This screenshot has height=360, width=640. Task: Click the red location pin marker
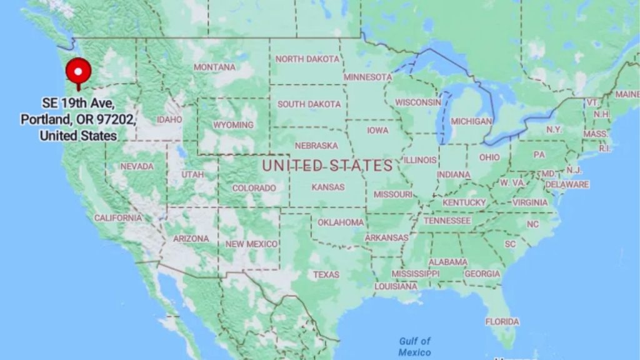(78, 72)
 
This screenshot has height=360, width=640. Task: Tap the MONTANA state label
(214, 67)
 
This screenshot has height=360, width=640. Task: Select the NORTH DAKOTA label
(307, 59)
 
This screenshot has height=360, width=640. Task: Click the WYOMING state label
(233, 125)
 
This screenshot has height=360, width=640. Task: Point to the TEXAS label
(326, 274)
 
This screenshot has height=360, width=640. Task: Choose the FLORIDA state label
(502, 321)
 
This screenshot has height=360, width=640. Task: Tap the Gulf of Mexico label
(415, 346)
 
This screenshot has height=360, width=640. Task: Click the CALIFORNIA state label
(118, 217)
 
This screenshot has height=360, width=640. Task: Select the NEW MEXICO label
(251, 244)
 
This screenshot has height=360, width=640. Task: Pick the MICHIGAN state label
(471, 121)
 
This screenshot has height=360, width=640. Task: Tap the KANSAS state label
(328, 187)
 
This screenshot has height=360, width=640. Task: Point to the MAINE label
(627, 94)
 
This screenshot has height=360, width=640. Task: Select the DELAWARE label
(567, 184)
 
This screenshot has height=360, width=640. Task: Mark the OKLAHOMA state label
(341, 222)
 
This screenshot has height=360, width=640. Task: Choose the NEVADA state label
(136, 166)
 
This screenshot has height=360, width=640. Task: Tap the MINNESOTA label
(367, 77)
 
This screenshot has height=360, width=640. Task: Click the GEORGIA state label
(482, 274)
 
